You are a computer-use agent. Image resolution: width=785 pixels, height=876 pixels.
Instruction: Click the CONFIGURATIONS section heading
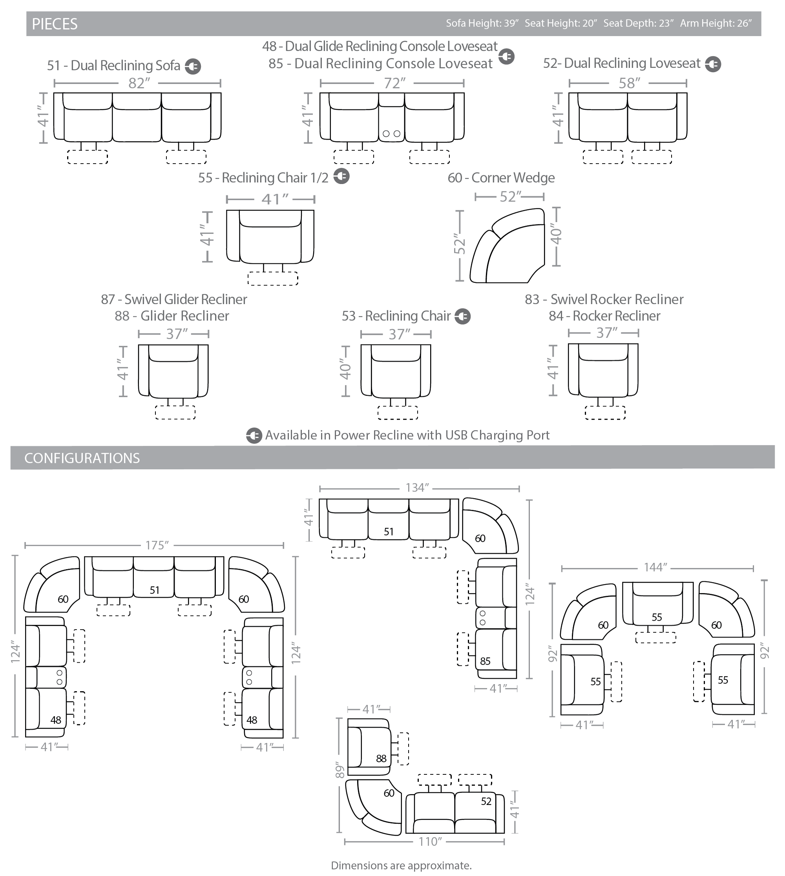click(82, 458)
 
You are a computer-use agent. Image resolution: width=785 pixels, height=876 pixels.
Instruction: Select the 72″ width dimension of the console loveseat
click(394, 83)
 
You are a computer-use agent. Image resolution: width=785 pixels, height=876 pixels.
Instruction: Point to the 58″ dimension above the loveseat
click(629, 83)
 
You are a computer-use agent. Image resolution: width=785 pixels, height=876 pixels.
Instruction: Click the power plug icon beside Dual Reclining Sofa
click(193, 66)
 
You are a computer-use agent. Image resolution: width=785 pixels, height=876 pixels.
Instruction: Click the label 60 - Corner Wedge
click(501, 178)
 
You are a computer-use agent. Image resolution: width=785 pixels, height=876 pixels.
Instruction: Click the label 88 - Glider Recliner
click(172, 316)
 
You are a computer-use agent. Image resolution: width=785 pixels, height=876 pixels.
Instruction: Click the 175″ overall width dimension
click(157, 545)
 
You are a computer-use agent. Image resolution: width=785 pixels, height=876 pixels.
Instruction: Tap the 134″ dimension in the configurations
click(417, 488)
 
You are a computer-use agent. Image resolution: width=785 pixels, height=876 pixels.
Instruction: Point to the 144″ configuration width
click(655, 567)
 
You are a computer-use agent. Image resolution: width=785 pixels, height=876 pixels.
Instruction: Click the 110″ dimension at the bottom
click(431, 841)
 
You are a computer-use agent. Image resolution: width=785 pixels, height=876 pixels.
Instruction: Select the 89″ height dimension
click(340, 769)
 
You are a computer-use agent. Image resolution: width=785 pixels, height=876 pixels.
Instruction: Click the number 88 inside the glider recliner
click(381, 758)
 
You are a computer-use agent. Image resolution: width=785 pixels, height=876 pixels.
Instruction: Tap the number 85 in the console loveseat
click(485, 661)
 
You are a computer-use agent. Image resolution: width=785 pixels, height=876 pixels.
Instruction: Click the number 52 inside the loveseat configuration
click(486, 801)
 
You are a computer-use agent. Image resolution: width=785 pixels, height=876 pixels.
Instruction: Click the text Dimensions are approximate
click(401, 865)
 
